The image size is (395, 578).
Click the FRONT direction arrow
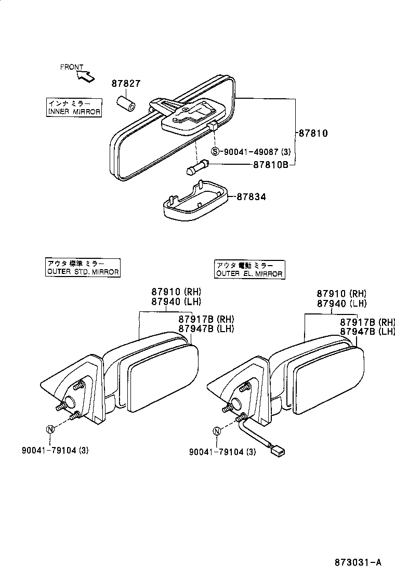click(86, 76)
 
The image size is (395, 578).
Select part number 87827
click(126, 83)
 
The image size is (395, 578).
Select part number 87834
click(252, 197)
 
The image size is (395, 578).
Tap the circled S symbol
click(217, 152)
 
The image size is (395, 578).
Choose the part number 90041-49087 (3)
click(257, 152)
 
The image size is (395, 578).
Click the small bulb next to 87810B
click(196, 168)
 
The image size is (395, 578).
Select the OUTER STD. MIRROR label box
click(83, 268)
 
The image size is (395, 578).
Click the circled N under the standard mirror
click(50, 429)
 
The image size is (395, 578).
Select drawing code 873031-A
click(358, 562)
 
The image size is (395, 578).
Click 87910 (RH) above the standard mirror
click(176, 292)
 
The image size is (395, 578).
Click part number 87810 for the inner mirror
click(313, 133)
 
